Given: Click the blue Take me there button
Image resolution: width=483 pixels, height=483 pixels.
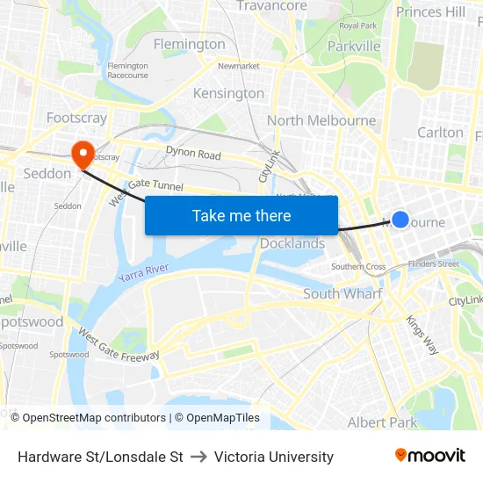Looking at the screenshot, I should click(241, 215).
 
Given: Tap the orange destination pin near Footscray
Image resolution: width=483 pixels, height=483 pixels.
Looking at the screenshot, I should click(83, 155).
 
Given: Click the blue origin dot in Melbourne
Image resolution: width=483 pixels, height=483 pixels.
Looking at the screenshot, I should click(400, 220).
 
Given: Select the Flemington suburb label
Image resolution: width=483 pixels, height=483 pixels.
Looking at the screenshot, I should click(189, 44).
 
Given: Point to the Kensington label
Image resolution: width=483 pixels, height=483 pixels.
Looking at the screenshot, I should click(228, 93).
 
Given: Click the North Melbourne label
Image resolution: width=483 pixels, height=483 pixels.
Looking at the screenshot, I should click(321, 120).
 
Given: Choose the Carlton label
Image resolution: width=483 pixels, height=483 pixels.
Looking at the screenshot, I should click(440, 132).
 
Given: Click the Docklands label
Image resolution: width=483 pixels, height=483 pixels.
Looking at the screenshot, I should click(292, 243).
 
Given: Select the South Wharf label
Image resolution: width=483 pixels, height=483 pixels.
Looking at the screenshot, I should click(342, 293).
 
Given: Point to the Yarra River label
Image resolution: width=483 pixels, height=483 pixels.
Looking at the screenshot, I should click(143, 273).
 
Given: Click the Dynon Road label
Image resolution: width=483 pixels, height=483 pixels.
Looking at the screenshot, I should click(193, 155).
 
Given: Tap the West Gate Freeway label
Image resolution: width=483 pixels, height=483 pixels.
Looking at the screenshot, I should click(119, 345).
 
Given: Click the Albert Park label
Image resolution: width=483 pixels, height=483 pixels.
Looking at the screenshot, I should click(382, 422).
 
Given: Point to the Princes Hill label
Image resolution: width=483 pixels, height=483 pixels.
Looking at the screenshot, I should click(431, 11).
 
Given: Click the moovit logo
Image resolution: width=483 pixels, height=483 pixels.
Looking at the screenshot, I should click(430, 456).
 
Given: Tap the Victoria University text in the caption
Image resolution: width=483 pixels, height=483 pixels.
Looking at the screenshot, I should click(274, 457).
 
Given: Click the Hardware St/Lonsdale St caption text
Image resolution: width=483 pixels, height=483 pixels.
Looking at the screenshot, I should click(100, 457).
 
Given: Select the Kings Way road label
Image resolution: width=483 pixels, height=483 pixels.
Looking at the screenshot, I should click(422, 334).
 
